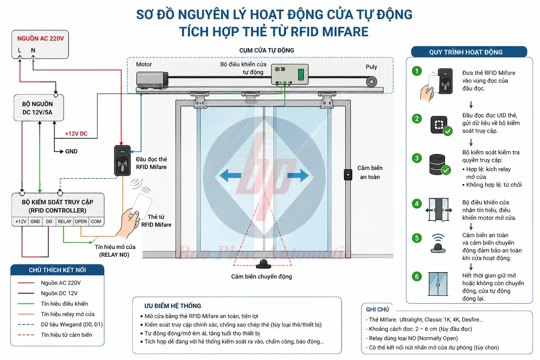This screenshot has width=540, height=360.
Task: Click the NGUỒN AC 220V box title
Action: tap(40, 38)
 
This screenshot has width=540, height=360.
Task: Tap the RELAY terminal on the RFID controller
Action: tap(64, 221)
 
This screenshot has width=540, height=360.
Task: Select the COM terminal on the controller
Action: tap(96, 221)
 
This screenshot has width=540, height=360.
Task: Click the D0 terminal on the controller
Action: tap(49, 221)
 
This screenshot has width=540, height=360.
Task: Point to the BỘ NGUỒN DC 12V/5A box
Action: tap(38, 108)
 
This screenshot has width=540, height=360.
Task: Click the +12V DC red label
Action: tap(76, 134)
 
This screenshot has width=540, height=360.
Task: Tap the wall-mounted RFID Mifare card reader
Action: tap(122, 161)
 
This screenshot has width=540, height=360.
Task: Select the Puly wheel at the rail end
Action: tap(371, 82)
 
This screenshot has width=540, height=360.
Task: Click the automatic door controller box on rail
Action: tap(289, 74)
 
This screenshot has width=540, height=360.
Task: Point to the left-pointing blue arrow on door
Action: tap(230, 175)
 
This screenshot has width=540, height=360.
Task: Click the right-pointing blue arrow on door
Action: tap(298, 175)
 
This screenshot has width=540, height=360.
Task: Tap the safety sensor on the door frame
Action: tap(348, 175)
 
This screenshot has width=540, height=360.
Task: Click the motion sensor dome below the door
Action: tap(263, 264)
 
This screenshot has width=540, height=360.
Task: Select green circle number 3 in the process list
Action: tap(417, 158)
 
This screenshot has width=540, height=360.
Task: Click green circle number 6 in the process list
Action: tap(417, 276)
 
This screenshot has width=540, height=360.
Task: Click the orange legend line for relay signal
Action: tap(26, 314)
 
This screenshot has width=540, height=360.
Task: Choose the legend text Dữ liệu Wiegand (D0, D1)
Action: tap(72, 324)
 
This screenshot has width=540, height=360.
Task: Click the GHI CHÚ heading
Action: tap(377, 309)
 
